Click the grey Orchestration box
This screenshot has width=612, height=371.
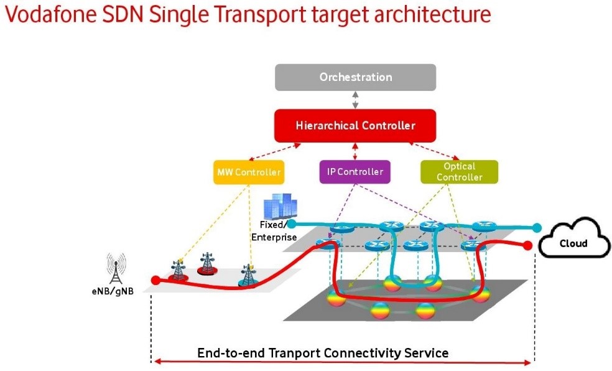(x=355, y=77)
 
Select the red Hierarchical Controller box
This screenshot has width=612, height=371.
(x=355, y=126)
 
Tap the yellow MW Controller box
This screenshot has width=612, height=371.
(x=249, y=172)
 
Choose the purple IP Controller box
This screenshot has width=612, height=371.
(x=355, y=171)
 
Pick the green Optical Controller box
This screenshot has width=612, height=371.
(x=459, y=172)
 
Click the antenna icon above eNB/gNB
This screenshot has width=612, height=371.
(x=116, y=268)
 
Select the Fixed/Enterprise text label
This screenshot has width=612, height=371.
(x=274, y=231)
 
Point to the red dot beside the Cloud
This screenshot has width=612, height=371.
(x=529, y=245)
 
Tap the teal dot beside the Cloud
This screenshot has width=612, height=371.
(x=537, y=228)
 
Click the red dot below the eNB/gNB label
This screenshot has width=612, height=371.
(x=155, y=280)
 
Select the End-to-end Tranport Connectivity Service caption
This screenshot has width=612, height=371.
(x=322, y=353)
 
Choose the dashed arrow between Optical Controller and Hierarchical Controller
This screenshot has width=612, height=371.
(x=434, y=151)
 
